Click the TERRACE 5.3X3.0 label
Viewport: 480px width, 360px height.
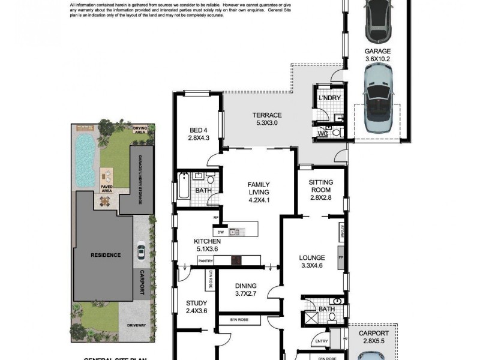tap(267, 119)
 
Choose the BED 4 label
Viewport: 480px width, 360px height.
tap(198, 133)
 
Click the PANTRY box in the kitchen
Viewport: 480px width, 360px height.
tap(206, 260)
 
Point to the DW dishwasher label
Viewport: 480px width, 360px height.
tap(220, 232)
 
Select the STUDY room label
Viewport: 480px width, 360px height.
tap(196, 307)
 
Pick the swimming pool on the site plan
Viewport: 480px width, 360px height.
tap(85, 159)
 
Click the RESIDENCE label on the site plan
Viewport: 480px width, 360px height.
tap(105, 255)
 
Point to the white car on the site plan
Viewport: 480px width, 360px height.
tap(141, 251)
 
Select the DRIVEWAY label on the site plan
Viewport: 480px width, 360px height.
tap(136, 326)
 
